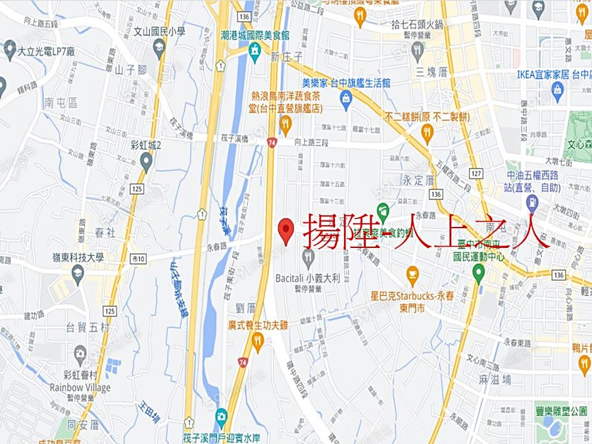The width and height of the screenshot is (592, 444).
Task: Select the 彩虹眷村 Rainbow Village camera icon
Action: point(80,356)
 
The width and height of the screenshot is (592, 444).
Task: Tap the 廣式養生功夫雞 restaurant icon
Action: point(257,341)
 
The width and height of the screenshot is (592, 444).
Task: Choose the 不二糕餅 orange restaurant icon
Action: point(427,134)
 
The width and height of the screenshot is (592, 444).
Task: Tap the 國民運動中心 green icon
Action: point(478,273)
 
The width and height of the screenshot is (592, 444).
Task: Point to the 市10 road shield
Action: point(138,257)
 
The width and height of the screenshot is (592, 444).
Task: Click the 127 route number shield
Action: point(476,174)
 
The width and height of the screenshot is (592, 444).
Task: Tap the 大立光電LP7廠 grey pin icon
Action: point(9,49)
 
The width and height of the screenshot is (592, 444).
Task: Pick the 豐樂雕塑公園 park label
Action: point(561,411)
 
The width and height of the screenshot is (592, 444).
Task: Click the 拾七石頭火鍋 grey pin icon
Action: point(416,49)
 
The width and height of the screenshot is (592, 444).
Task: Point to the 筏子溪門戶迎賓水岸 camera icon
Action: point(221,416)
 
